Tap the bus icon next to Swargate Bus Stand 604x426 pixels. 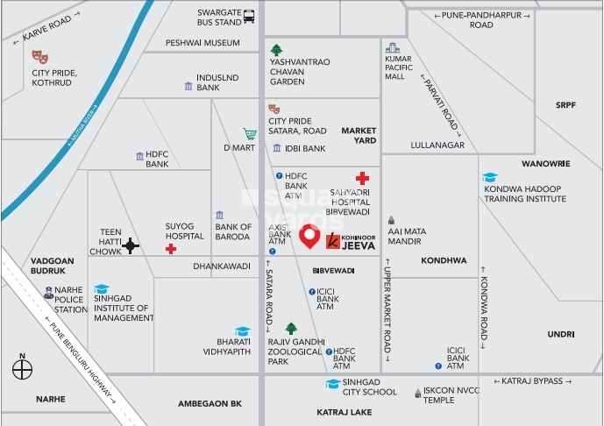[x=250, y=16]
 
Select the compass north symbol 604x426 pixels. [x=22, y=369]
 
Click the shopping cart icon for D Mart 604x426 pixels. [x=250, y=134]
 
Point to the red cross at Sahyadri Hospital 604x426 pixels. [x=361, y=178]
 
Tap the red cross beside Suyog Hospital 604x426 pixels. [x=171, y=249]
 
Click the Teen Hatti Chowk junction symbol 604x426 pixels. [x=131, y=246]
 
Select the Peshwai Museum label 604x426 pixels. [x=203, y=43]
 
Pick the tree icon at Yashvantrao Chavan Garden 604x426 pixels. [x=277, y=49]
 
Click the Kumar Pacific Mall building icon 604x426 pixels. [x=393, y=47]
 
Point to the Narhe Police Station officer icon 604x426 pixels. [x=49, y=292]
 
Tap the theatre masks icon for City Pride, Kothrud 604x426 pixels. [x=39, y=58]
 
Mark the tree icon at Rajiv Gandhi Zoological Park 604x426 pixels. [x=291, y=328]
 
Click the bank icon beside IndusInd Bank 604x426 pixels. [x=188, y=86]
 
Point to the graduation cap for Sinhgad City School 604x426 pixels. [x=332, y=383]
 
